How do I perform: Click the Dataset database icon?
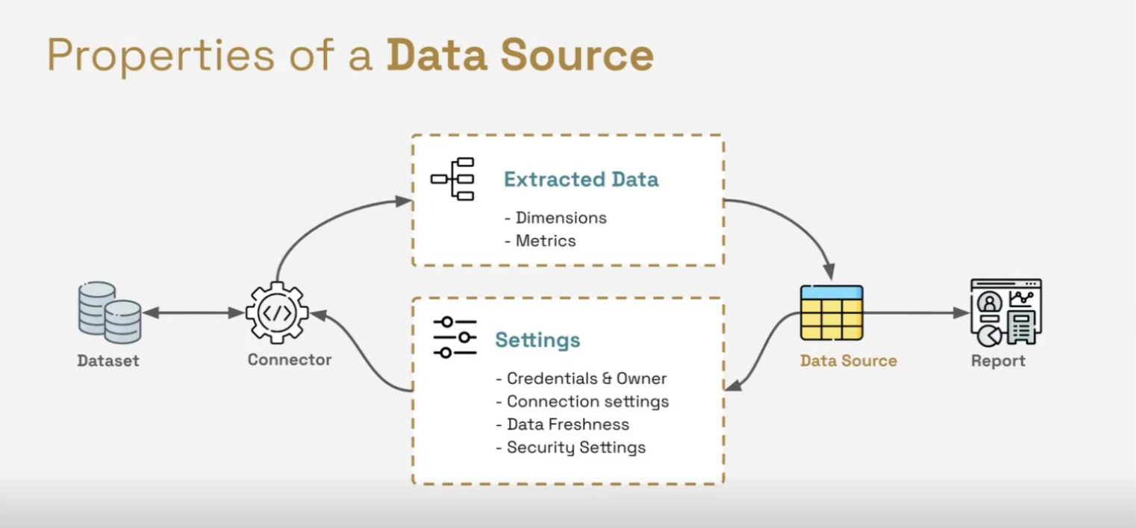click(110, 312)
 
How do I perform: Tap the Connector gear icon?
click(277, 312)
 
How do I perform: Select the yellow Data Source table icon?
click(831, 312)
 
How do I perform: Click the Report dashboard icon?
click(1005, 312)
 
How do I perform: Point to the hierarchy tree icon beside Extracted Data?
click(453, 179)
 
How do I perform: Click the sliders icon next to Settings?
click(455, 337)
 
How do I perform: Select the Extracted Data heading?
click(581, 180)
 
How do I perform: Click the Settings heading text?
click(537, 340)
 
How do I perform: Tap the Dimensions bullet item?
click(556, 218)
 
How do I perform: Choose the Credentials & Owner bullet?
click(581, 379)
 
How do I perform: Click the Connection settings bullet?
click(583, 402)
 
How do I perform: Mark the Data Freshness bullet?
click(563, 425)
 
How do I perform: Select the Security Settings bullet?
click(571, 448)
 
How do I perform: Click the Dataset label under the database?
click(108, 361)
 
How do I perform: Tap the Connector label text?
click(290, 360)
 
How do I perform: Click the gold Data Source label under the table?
click(849, 361)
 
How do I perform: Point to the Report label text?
click(998, 361)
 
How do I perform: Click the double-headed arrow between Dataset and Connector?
click(193, 313)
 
